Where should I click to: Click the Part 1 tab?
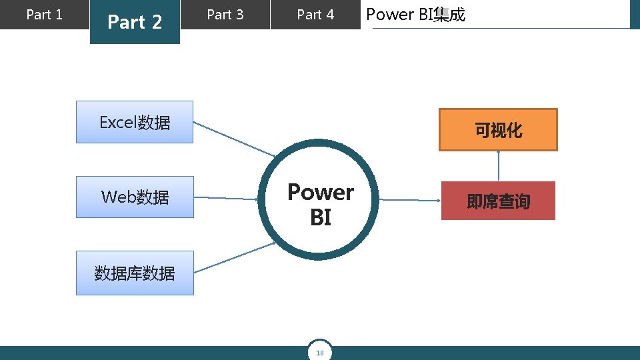(44, 15)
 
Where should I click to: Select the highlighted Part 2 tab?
(135, 22)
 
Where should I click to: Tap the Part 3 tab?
(225, 15)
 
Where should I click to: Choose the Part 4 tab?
(315, 15)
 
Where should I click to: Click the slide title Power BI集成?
(416, 15)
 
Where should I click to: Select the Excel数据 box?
(135, 122)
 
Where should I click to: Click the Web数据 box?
(135, 197)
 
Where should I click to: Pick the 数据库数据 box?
(135, 273)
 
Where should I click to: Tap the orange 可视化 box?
(498, 130)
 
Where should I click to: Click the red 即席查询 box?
(498, 201)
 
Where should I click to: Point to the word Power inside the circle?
(321, 193)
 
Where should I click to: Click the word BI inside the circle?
(321, 218)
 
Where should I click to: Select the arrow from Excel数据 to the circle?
(235, 139)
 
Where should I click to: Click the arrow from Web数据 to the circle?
(227, 198)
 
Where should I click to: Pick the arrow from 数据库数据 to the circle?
(235, 257)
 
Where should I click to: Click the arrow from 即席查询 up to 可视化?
(498, 166)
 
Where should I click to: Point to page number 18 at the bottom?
(320, 353)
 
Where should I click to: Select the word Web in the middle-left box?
(118, 197)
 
